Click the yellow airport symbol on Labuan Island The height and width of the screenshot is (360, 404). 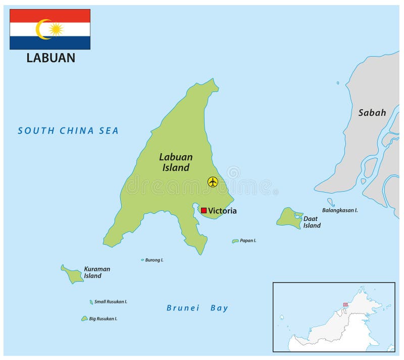click(x=213, y=182)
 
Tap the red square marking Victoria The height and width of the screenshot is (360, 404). click(x=204, y=210)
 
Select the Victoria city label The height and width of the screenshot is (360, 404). click(x=222, y=211)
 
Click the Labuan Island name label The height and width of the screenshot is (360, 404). click(x=176, y=162)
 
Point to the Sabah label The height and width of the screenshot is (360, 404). click(x=372, y=113)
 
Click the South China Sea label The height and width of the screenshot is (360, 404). click(x=68, y=131)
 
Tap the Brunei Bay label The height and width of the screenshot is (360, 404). click(x=197, y=308)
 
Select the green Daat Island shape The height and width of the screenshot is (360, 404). click(x=288, y=217)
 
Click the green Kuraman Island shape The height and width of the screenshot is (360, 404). click(x=72, y=275)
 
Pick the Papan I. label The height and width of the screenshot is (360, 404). click(x=248, y=241)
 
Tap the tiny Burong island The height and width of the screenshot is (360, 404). click(x=142, y=260)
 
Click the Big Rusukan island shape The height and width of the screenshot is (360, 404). click(x=84, y=319)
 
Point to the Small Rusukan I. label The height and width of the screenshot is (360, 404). click(x=111, y=302)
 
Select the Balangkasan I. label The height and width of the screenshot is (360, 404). click(x=339, y=210)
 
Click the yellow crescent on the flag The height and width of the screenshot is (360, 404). click(x=41, y=29)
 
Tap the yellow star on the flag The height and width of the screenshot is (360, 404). click(x=56, y=29)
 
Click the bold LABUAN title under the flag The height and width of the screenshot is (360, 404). click(x=50, y=58)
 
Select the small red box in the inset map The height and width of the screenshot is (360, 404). click(x=345, y=305)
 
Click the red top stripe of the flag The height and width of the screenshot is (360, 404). click(x=50, y=15)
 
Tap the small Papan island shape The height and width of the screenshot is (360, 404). click(x=235, y=241)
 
